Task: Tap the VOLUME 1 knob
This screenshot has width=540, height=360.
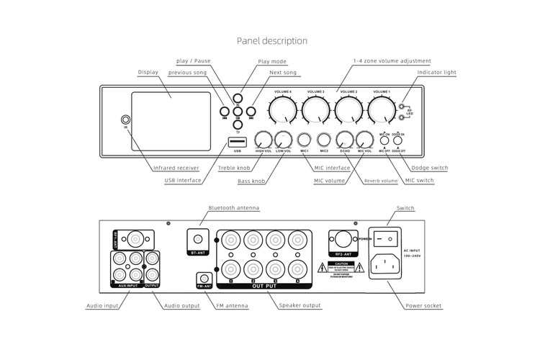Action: (380, 110)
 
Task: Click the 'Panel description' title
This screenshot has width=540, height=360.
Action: (272, 41)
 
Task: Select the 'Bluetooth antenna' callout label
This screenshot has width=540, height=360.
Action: (233, 207)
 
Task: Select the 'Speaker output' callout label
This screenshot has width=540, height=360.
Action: (301, 306)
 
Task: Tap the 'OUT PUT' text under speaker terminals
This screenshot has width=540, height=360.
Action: (264, 286)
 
